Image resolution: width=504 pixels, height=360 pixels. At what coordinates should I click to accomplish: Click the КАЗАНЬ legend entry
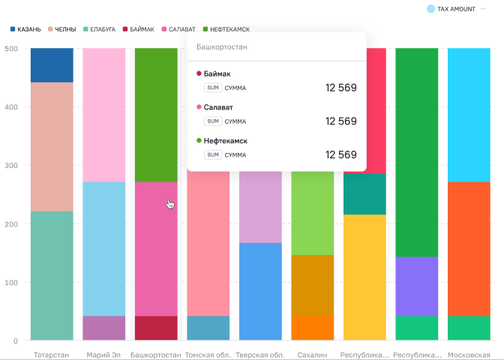point(25,29)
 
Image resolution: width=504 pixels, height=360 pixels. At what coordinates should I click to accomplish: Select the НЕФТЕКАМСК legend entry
point(226,29)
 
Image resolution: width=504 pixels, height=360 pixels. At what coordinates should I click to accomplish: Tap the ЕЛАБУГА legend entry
point(99,29)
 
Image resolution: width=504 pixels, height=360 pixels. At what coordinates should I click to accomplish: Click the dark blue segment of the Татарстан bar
point(52,65)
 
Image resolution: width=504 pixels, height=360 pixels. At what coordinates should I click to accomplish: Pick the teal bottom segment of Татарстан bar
point(52,275)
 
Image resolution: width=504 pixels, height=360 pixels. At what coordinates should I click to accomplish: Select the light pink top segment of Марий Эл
point(103,115)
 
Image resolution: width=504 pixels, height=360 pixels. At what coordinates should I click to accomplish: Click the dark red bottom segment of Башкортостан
point(156,328)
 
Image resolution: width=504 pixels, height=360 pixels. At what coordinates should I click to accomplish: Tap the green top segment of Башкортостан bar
point(156,115)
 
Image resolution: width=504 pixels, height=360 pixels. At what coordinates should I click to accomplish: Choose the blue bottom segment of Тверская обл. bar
point(260,291)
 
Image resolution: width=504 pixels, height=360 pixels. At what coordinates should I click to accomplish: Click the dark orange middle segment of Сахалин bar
point(313,286)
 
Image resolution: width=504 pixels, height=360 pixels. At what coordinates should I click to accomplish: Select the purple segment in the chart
point(416,286)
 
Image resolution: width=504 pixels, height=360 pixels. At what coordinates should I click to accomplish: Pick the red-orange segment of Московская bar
point(469,249)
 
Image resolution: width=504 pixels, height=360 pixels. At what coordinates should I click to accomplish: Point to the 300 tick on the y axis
point(11,166)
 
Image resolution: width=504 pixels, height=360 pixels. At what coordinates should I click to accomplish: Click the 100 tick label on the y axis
point(11,283)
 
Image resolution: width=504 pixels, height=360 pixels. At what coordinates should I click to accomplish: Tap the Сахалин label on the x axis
point(312,355)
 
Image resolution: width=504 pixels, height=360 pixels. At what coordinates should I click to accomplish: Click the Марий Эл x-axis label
point(103,355)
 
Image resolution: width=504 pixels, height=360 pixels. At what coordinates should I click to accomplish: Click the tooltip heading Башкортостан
point(222,47)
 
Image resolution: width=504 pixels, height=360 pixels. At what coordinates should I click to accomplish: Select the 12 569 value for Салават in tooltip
point(341,121)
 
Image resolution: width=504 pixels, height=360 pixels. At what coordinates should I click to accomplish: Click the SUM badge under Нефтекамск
point(213,154)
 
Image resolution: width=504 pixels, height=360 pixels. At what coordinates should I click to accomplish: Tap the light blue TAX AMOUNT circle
point(430,9)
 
